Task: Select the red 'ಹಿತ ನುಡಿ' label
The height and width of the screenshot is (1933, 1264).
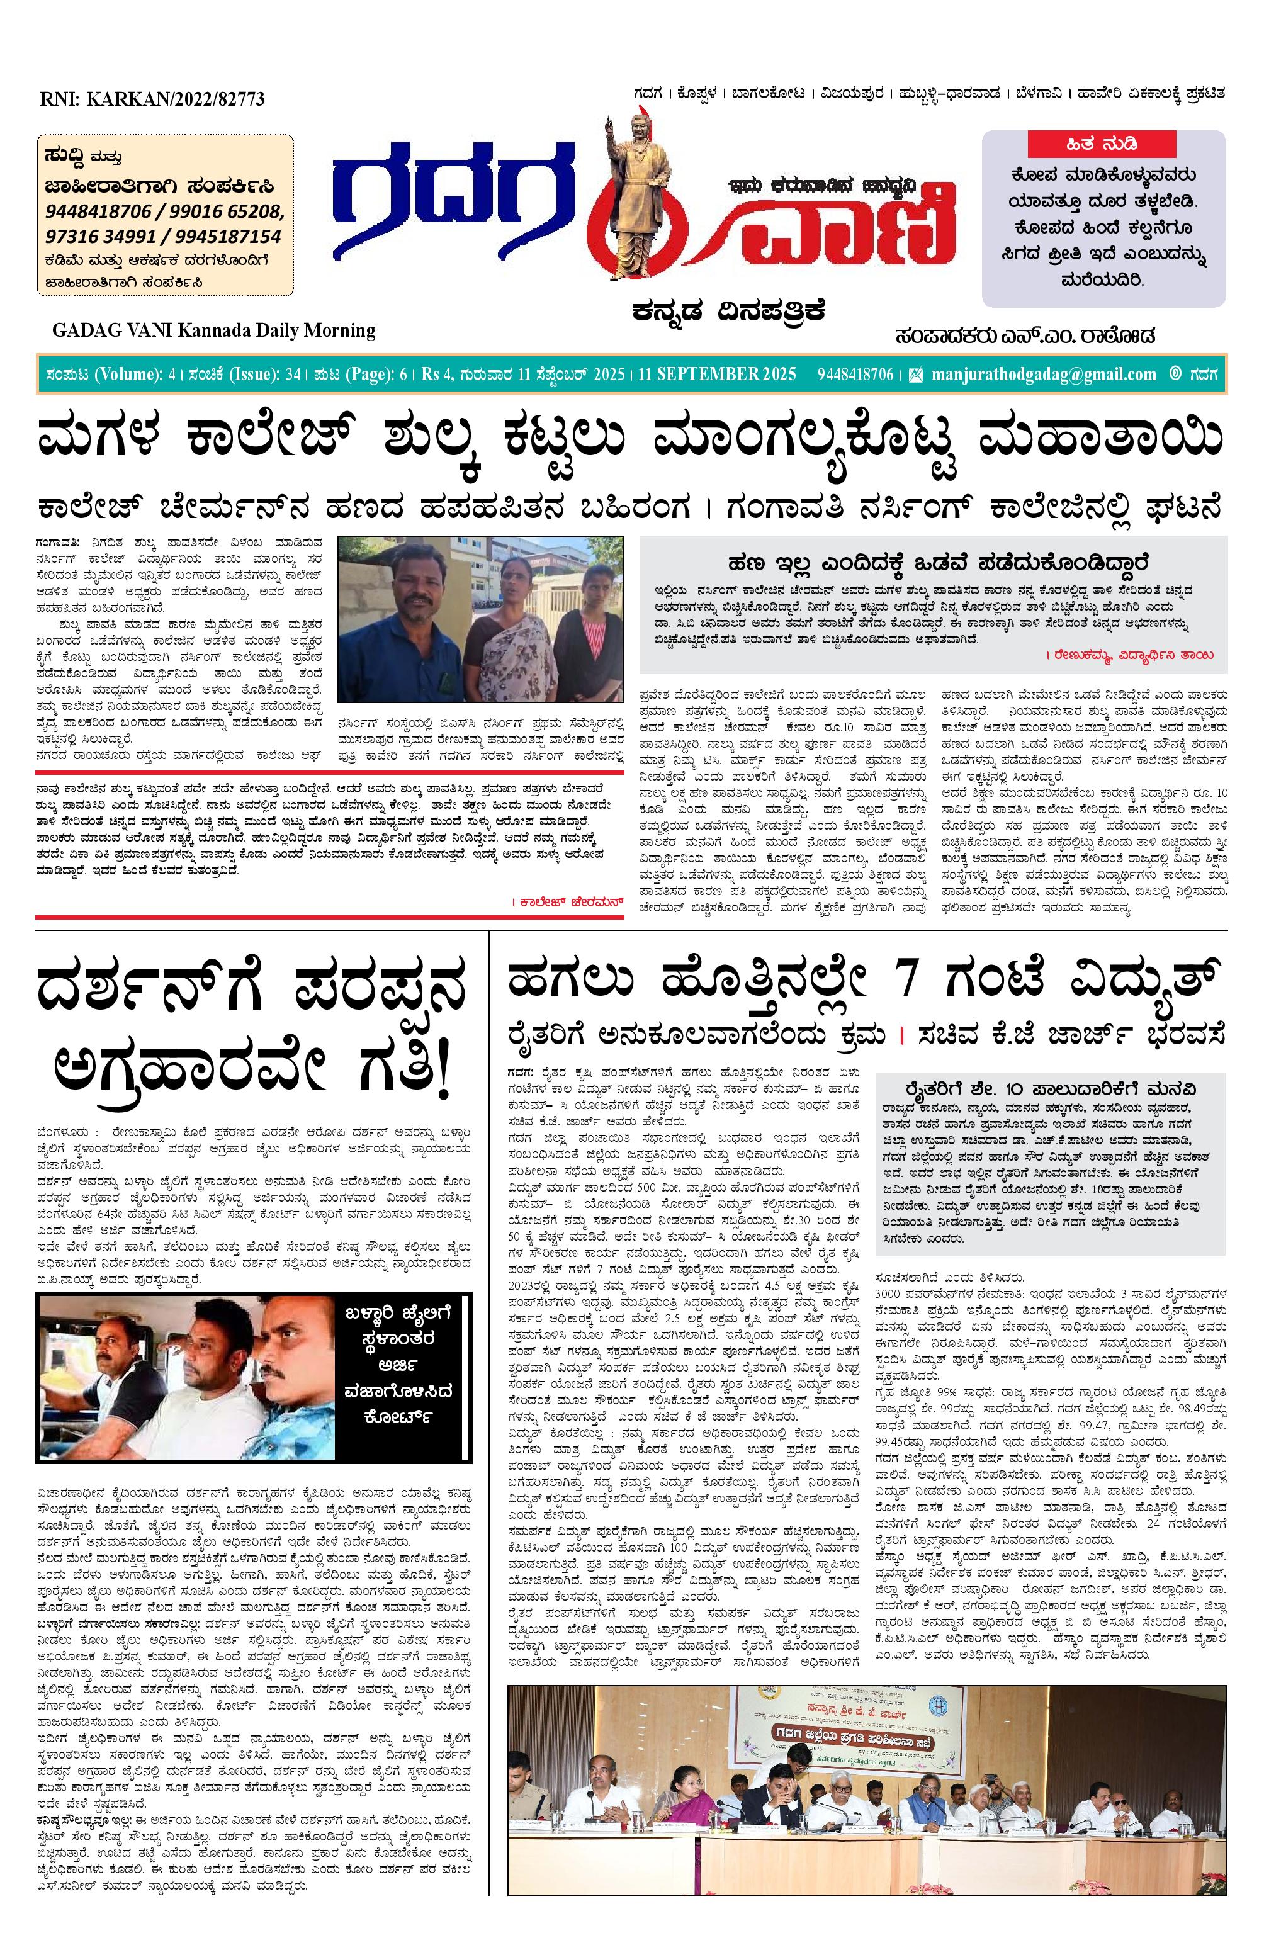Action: pyautogui.click(x=1102, y=145)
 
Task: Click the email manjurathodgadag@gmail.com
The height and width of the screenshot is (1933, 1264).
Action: pyautogui.click(x=1044, y=375)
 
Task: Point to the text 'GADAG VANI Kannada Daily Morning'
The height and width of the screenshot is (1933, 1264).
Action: pyautogui.click(x=213, y=330)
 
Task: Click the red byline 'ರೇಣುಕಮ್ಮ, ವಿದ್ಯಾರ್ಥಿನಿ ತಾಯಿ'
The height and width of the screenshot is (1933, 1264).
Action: pyautogui.click(x=1132, y=654)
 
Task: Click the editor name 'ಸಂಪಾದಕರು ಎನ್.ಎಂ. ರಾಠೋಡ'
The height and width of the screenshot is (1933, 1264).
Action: pyautogui.click(x=1025, y=335)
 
